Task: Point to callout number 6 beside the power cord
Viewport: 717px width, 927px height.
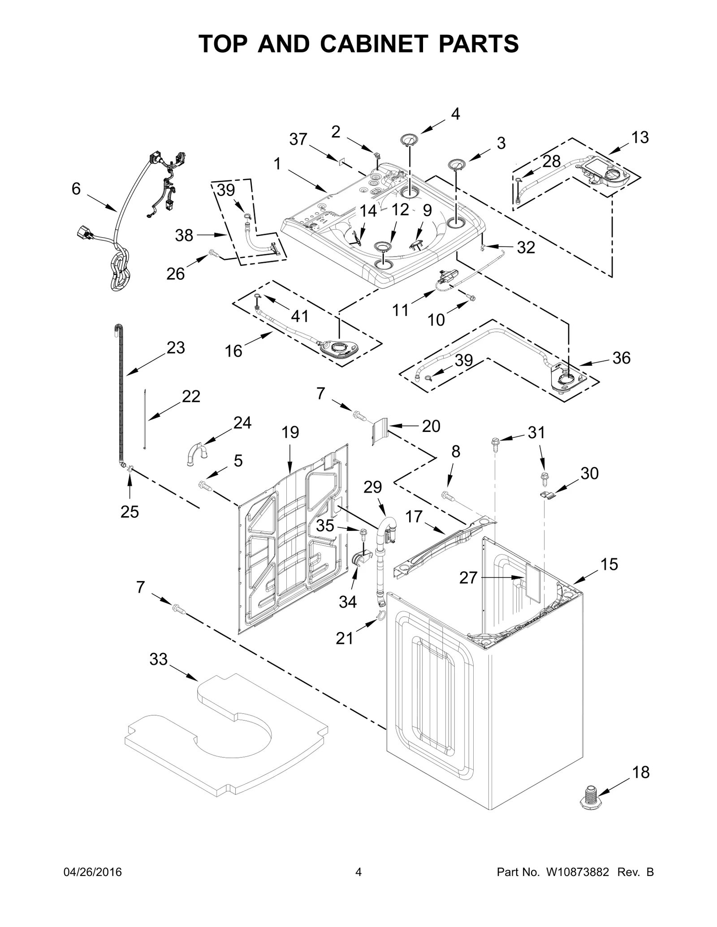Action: [x=76, y=189]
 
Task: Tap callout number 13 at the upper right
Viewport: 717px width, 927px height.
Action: [x=640, y=137]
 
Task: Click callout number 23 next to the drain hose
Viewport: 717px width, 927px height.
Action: [x=175, y=347]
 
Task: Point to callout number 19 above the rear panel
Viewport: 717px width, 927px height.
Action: [x=290, y=432]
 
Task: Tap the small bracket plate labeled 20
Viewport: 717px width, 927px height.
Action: [x=379, y=430]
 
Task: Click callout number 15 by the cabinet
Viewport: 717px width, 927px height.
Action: [x=609, y=564]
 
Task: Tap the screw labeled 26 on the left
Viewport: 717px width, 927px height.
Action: [x=214, y=254]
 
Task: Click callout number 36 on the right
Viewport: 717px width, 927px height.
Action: [x=621, y=358]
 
